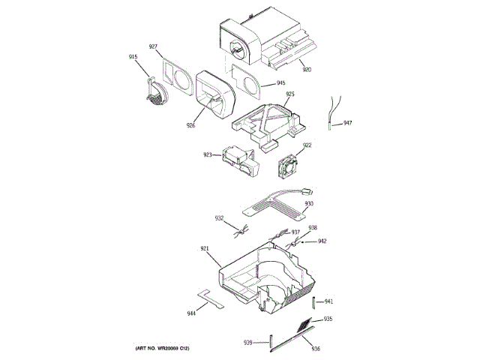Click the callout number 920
click(x=307, y=70)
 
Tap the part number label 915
click(x=133, y=57)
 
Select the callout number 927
click(x=153, y=46)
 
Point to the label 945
click(x=280, y=83)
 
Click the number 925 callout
click(x=289, y=94)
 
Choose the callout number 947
click(x=347, y=123)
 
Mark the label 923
click(x=207, y=155)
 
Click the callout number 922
click(x=307, y=145)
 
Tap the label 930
click(x=309, y=204)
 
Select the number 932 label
click(x=219, y=218)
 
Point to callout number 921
click(x=204, y=248)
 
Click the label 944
click(x=192, y=313)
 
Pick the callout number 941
click(x=328, y=301)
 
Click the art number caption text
click(x=158, y=349)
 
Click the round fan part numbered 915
click(x=155, y=93)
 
